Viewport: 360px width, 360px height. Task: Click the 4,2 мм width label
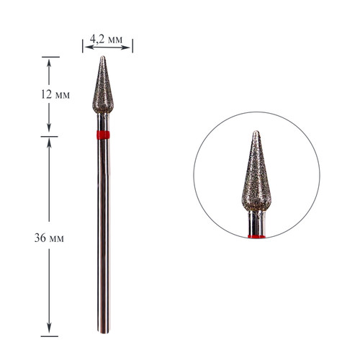coord(106,39)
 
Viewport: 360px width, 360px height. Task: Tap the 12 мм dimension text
coord(55,94)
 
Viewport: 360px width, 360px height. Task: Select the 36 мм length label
coord(49,238)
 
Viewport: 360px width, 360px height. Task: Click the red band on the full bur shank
coord(103,135)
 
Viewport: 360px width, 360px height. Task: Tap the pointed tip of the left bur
coord(103,56)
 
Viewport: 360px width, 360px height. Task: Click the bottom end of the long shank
coord(104,333)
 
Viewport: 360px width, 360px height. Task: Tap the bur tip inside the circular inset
coord(256,131)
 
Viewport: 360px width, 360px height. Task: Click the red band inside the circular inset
coord(257,237)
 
